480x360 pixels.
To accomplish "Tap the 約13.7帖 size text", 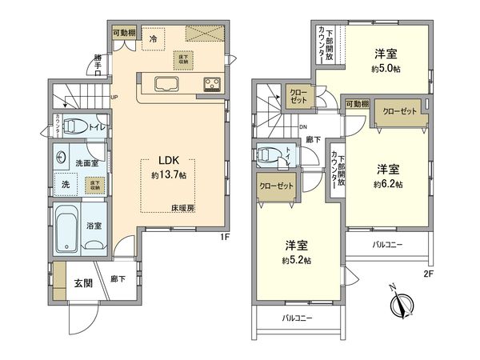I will pos(168,174).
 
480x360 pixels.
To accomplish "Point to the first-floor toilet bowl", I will pos(74,126).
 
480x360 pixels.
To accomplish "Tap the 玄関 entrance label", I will pos(83,283).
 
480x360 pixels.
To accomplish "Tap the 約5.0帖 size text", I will pos(386,70).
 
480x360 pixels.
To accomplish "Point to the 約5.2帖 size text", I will pos(296,261).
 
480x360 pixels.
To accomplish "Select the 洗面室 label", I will pos(87,163).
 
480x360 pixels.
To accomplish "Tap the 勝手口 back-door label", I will pos(98,63).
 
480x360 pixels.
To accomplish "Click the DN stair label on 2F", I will pos(303,126).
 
